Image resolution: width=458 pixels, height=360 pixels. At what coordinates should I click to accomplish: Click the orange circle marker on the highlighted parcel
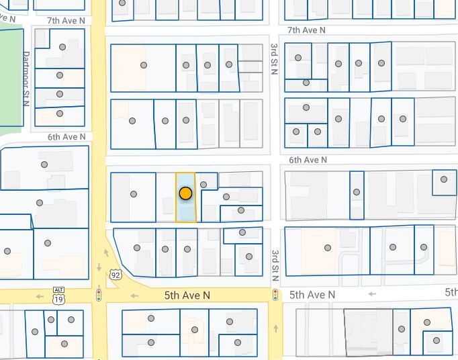coord(185,193)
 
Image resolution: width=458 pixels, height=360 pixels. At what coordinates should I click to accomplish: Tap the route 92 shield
coord(116,275)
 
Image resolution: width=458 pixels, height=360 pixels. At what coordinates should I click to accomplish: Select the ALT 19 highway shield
coord(59,296)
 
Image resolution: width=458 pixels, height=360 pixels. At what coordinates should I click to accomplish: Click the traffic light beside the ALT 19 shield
coord(99,294)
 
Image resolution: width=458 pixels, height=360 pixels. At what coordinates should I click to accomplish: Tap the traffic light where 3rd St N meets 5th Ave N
coord(275,295)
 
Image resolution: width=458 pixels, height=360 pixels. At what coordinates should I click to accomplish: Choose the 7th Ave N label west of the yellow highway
coord(66,21)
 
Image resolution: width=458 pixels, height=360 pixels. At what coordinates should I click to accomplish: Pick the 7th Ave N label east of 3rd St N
coord(306,30)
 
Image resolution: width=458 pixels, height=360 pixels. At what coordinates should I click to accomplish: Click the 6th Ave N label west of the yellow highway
coord(66,137)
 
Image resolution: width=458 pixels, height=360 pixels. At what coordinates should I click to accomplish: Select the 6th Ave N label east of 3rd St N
coord(308,160)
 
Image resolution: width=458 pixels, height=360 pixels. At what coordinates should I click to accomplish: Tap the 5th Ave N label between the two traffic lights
coord(187,296)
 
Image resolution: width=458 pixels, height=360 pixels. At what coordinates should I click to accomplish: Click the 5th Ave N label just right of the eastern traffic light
coord(312,295)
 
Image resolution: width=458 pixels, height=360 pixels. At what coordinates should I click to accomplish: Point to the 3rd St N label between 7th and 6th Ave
coord(274,59)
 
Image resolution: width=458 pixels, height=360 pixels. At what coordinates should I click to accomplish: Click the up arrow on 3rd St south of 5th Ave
coord(275,328)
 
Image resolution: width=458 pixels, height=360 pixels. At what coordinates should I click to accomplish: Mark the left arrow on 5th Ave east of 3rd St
coord(372,294)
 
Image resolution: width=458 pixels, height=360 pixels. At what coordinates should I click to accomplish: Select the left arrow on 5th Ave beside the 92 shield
coord(134,296)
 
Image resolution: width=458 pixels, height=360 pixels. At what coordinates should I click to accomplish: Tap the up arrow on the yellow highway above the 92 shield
coord(106,253)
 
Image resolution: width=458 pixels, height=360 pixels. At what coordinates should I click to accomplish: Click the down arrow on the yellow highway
coord(99,267)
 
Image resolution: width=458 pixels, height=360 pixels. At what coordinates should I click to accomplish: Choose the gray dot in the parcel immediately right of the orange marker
coord(203,185)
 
